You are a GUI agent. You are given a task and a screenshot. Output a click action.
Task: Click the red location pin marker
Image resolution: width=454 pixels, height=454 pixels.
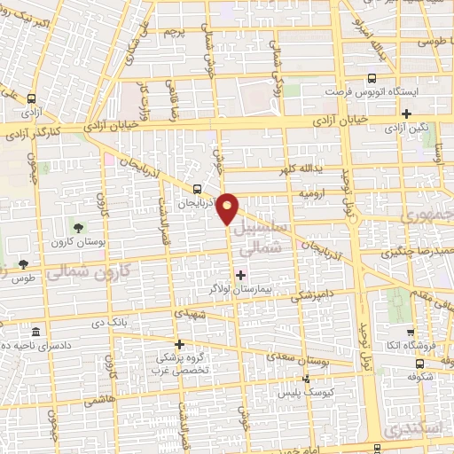[x=228, y=207]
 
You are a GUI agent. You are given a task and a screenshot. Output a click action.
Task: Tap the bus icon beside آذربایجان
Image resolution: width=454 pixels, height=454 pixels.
[x=196, y=188]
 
